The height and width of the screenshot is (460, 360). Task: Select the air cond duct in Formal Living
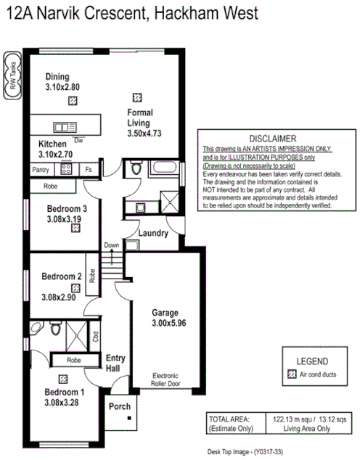[x=136, y=96]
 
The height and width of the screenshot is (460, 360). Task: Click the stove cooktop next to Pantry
[x=65, y=169]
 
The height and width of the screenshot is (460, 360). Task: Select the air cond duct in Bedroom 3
[x=75, y=228]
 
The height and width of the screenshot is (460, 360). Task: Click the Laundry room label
[x=154, y=234]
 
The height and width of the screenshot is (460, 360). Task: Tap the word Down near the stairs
[x=111, y=245]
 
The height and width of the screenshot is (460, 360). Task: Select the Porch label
[x=120, y=406]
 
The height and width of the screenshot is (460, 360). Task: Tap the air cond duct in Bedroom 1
[x=64, y=378]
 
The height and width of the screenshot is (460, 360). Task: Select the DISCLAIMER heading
[x=272, y=138]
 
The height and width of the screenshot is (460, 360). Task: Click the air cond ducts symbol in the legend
[x=292, y=374]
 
